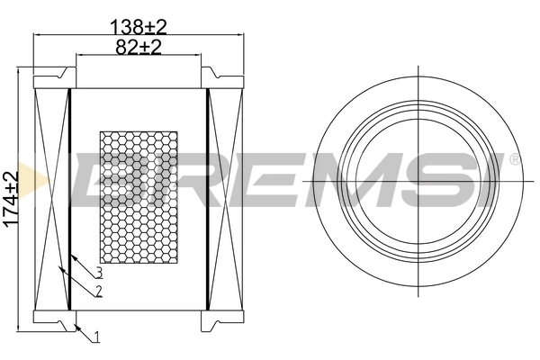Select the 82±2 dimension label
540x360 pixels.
139,47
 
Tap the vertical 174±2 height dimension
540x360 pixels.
11,199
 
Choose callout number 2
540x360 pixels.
97,292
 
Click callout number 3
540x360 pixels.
99,273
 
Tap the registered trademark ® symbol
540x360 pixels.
514,159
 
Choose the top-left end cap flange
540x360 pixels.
52,77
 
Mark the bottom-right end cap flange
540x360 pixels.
225,320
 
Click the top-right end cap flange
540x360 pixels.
225,77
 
